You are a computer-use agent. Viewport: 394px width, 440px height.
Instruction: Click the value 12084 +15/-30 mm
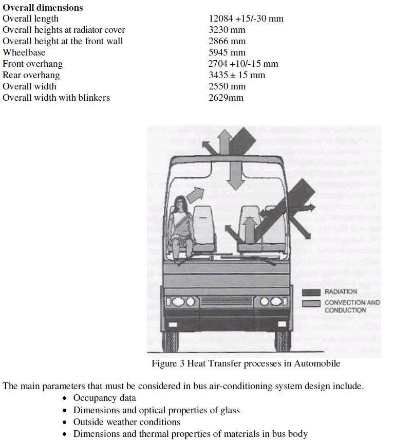(x=246, y=19)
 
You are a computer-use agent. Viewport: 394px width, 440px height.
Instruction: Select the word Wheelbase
(x=24, y=52)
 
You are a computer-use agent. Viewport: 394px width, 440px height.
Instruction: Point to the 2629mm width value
(x=226, y=98)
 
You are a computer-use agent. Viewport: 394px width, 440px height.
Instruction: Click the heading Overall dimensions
(x=43, y=8)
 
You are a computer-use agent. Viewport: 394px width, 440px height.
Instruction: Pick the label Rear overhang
(x=31, y=75)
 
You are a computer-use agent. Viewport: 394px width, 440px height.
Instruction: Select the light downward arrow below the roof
(x=236, y=175)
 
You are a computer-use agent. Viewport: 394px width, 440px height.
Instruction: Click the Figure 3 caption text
(x=246, y=363)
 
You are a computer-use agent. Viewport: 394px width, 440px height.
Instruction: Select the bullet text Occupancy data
(x=104, y=398)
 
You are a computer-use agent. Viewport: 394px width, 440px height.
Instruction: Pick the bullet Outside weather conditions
(x=126, y=422)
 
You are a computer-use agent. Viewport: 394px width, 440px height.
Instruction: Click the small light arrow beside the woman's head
(x=195, y=194)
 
